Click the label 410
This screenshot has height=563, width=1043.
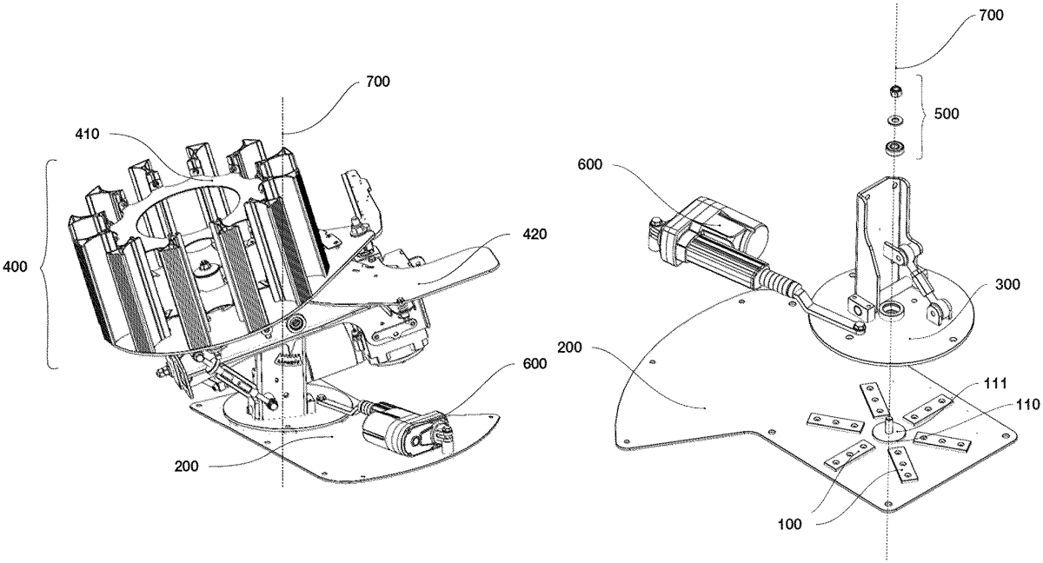tap(89, 135)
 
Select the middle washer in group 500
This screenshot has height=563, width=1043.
tap(893, 120)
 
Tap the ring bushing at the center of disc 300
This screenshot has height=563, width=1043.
tap(890, 310)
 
